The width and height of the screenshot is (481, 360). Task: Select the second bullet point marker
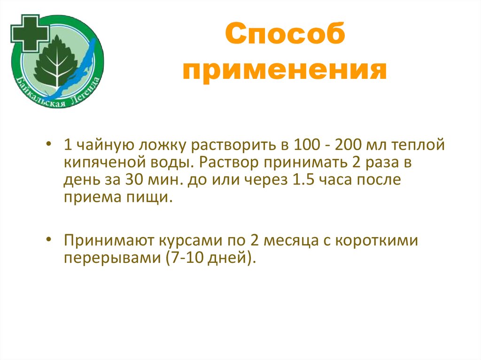[50, 240]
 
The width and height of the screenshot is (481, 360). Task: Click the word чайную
[98, 146]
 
